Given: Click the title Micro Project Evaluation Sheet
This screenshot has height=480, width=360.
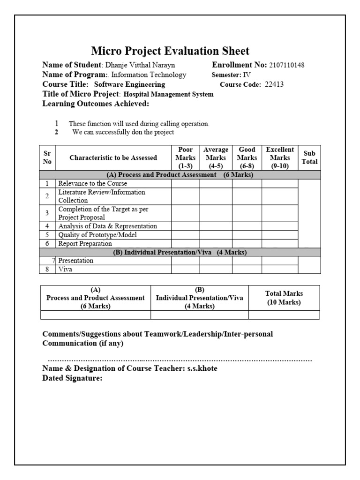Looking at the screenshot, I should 170,51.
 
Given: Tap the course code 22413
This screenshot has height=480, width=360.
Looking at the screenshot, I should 274,85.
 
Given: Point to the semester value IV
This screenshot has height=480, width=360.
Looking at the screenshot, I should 247,75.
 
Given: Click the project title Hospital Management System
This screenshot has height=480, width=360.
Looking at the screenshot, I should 168,94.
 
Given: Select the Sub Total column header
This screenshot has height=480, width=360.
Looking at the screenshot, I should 309,157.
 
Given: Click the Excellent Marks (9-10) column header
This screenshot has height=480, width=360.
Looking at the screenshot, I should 280,157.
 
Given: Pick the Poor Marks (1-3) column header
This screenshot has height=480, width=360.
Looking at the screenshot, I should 186,157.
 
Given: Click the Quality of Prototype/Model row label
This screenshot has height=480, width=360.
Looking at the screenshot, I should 97,235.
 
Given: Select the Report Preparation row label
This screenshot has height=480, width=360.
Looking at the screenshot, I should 85,244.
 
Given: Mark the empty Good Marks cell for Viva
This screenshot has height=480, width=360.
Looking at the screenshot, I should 247,270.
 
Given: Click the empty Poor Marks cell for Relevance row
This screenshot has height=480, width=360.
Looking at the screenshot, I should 186,184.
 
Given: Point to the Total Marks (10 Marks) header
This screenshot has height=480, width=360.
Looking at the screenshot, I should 284,298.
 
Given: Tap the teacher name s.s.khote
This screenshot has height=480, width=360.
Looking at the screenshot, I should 202,368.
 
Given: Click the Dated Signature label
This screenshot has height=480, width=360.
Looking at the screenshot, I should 72,378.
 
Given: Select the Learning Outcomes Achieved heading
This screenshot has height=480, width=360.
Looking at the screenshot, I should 96,104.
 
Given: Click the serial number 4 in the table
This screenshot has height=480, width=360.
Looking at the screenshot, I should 47,226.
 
